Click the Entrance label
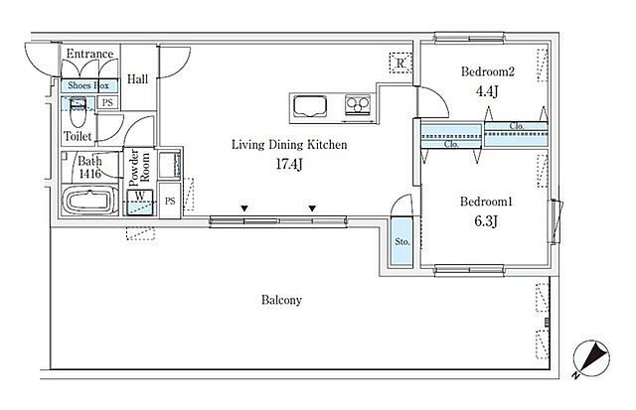(89, 54)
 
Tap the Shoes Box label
(90, 85)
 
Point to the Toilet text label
(79, 135)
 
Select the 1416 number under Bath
(90, 172)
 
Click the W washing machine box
(142, 197)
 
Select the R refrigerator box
(399, 64)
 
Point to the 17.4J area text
(289, 164)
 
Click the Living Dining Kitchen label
(289, 145)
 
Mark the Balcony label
(282, 299)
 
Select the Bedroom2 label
(486, 71)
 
